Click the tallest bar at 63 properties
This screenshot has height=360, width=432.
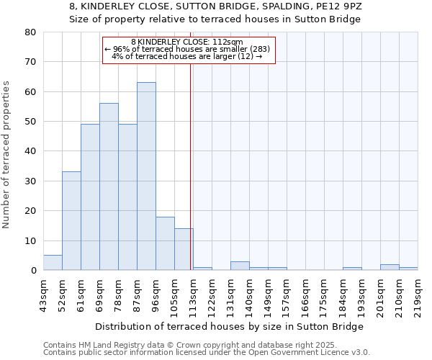[x=146, y=176]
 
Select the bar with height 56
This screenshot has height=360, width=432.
[x=109, y=186]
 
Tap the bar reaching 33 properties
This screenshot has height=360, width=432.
[x=71, y=221]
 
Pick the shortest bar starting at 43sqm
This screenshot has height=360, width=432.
[x=53, y=263]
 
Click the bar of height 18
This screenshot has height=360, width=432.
[x=165, y=243]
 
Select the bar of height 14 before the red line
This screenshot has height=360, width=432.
[x=184, y=249]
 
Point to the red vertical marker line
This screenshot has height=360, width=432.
[x=190, y=166]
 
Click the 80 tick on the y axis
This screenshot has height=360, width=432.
[x=30, y=32]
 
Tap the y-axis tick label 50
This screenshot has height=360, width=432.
[x=30, y=122]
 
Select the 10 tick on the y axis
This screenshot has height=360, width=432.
[x=30, y=240]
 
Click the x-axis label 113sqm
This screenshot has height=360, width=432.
[x=194, y=295]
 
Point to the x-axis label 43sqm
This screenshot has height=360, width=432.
[x=44, y=295]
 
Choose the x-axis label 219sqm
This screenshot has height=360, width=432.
[x=418, y=295]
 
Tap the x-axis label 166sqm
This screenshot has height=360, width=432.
[x=306, y=295]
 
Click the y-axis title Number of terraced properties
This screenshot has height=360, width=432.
[x=6, y=154]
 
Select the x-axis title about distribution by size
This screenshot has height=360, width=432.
[x=229, y=326]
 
